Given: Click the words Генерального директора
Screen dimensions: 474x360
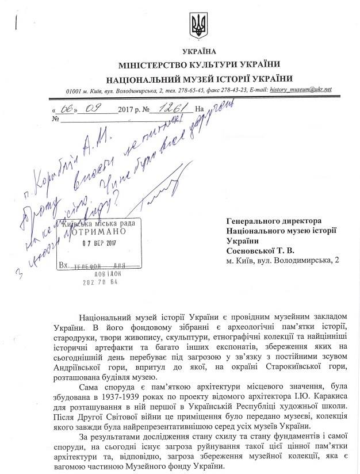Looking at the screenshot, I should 274,220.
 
